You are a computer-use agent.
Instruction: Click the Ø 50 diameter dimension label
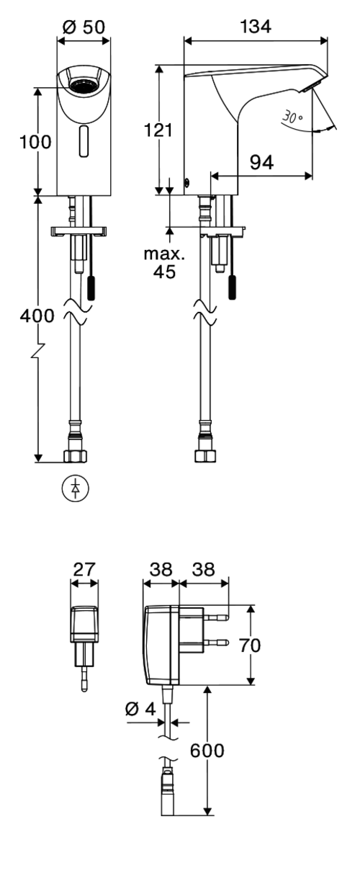(x=84, y=27)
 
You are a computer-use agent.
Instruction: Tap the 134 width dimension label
(x=256, y=27)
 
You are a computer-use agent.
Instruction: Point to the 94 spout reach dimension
(x=262, y=162)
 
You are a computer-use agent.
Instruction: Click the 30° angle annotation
(x=293, y=117)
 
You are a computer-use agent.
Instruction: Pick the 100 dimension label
(x=35, y=142)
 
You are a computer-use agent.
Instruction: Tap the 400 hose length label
(x=37, y=316)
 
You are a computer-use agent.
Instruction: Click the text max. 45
(x=164, y=263)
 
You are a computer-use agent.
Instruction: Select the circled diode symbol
(x=75, y=488)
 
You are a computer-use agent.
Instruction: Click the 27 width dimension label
(x=84, y=570)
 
